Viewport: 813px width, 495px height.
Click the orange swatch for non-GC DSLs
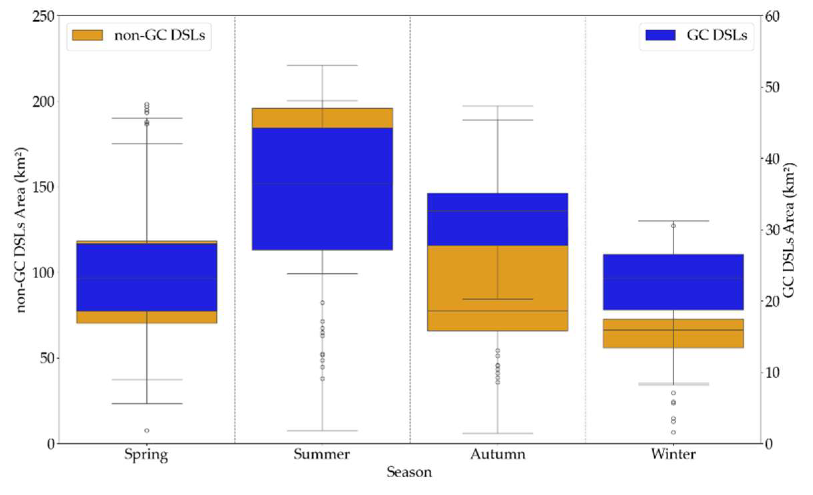pos(87,35)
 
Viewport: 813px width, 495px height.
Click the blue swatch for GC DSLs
pos(660,35)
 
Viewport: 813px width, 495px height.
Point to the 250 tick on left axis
pos(43,16)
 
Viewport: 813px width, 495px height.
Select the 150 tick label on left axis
pos(43,187)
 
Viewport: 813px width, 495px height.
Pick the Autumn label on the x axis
pos(498,454)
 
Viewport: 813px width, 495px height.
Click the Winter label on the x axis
pos(673,454)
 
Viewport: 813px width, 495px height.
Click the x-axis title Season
pos(409,472)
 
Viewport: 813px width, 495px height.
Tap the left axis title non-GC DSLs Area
pos(21,230)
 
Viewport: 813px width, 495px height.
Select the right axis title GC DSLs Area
pos(788,230)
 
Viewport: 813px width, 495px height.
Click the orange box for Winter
pos(673,334)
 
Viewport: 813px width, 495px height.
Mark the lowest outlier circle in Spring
pos(147,430)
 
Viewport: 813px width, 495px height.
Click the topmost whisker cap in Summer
pos(322,66)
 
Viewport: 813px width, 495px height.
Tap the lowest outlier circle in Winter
pos(673,432)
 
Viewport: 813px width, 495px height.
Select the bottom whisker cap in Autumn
pos(498,433)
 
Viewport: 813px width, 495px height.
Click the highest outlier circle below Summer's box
pos(322,303)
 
